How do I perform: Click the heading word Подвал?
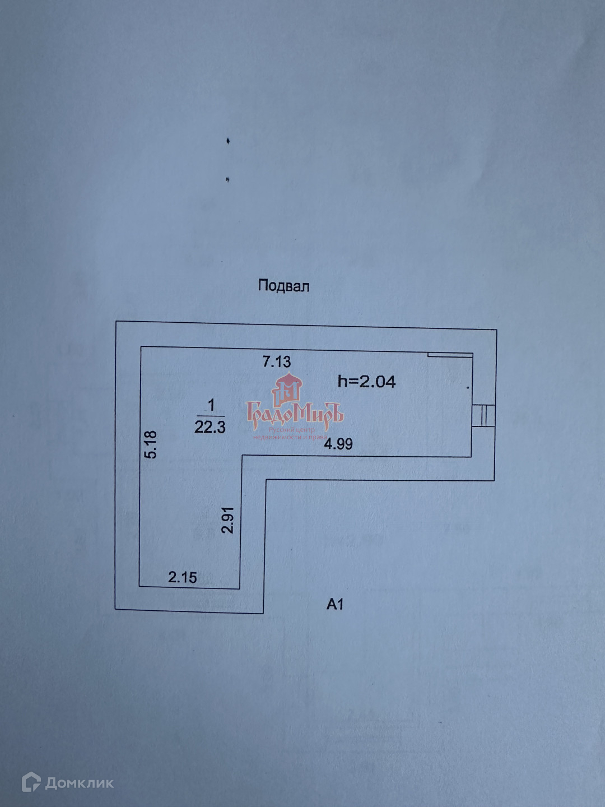pos(283,286)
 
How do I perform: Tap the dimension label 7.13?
pos(277,361)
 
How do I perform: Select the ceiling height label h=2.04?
pos(366,382)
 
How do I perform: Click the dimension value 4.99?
pos(338,444)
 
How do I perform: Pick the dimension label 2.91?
pos(227,520)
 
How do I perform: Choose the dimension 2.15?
pos(183,577)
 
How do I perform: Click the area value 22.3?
pos(210,427)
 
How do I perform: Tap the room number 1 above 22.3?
pos(211,405)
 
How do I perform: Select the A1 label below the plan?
pos(335,604)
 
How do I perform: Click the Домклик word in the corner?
pos(79,783)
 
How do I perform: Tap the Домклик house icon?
pos(31,782)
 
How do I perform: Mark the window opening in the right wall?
pos(483,416)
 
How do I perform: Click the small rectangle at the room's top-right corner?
pos(450,354)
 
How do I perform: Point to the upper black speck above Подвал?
pos(228,141)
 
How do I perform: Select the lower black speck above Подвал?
pos(227,180)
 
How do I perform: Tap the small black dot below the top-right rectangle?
pos(468,386)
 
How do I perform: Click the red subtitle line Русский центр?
pos(292,430)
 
